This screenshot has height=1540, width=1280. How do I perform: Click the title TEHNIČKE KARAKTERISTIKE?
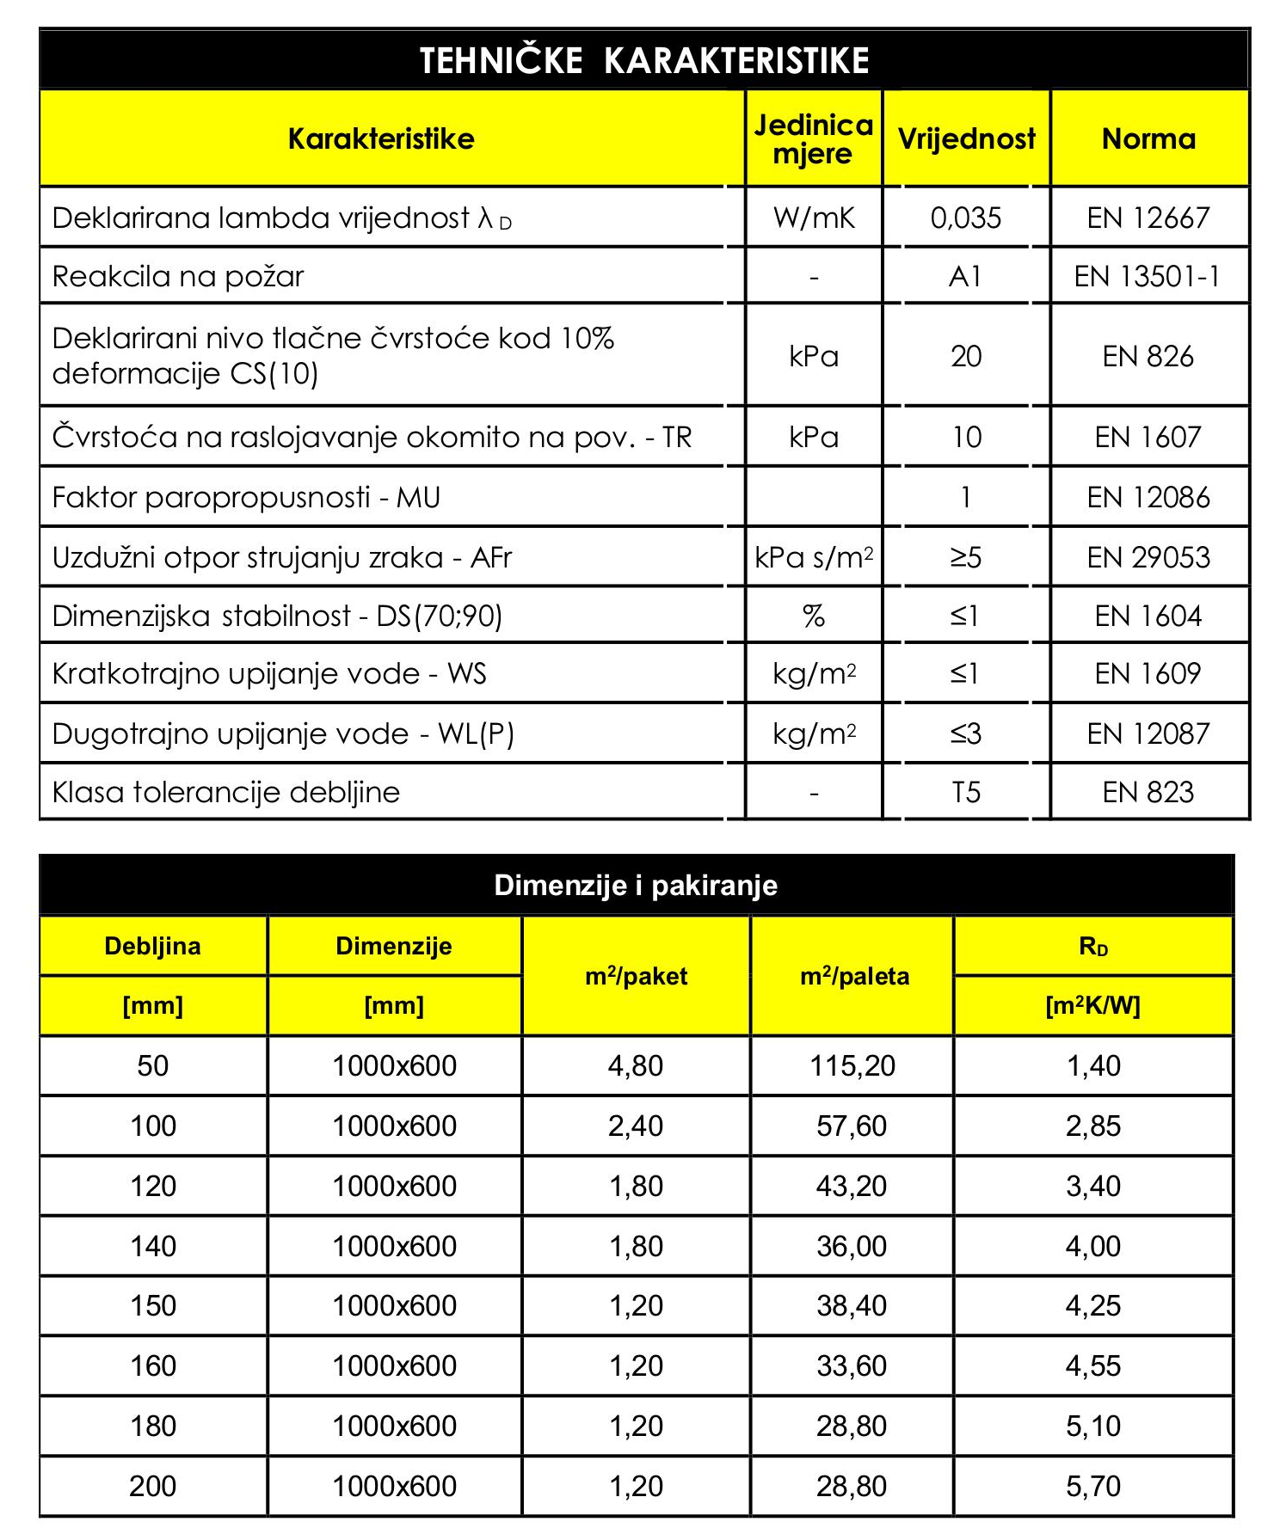click(x=644, y=60)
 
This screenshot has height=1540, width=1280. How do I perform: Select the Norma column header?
click(x=1148, y=138)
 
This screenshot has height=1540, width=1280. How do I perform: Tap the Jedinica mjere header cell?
click(x=813, y=138)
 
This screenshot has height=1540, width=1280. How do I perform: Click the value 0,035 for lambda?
click(x=966, y=218)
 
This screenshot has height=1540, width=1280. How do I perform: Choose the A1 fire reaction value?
click(x=965, y=276)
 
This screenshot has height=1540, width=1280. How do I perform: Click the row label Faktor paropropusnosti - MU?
click(x=246, y=497)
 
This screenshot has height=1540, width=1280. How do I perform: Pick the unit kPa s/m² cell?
click(x=814, y=557)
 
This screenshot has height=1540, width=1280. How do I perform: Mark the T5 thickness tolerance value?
click(x=966, y=792)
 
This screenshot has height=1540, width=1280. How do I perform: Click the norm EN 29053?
click(x=1148, y=557)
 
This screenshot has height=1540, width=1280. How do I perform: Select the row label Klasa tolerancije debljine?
click(x=226, y=792)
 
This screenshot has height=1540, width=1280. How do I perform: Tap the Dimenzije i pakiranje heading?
click(x=636, y=886)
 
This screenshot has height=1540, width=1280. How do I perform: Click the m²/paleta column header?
click(x=854, y=976)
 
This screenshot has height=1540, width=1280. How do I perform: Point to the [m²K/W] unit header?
click(x=1092, y=1005)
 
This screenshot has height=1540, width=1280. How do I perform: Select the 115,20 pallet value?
click(x=852, y=1066)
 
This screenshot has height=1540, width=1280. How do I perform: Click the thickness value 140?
click(x=153, y=1246)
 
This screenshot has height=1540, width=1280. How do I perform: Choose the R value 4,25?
click(x=1092, y=1305)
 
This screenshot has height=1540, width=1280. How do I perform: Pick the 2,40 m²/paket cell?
click(x=636, y=1126)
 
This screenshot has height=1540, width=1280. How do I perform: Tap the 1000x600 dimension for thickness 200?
click(x=394, y=1486)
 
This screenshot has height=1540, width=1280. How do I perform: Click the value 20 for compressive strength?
click(x=966, y=356)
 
